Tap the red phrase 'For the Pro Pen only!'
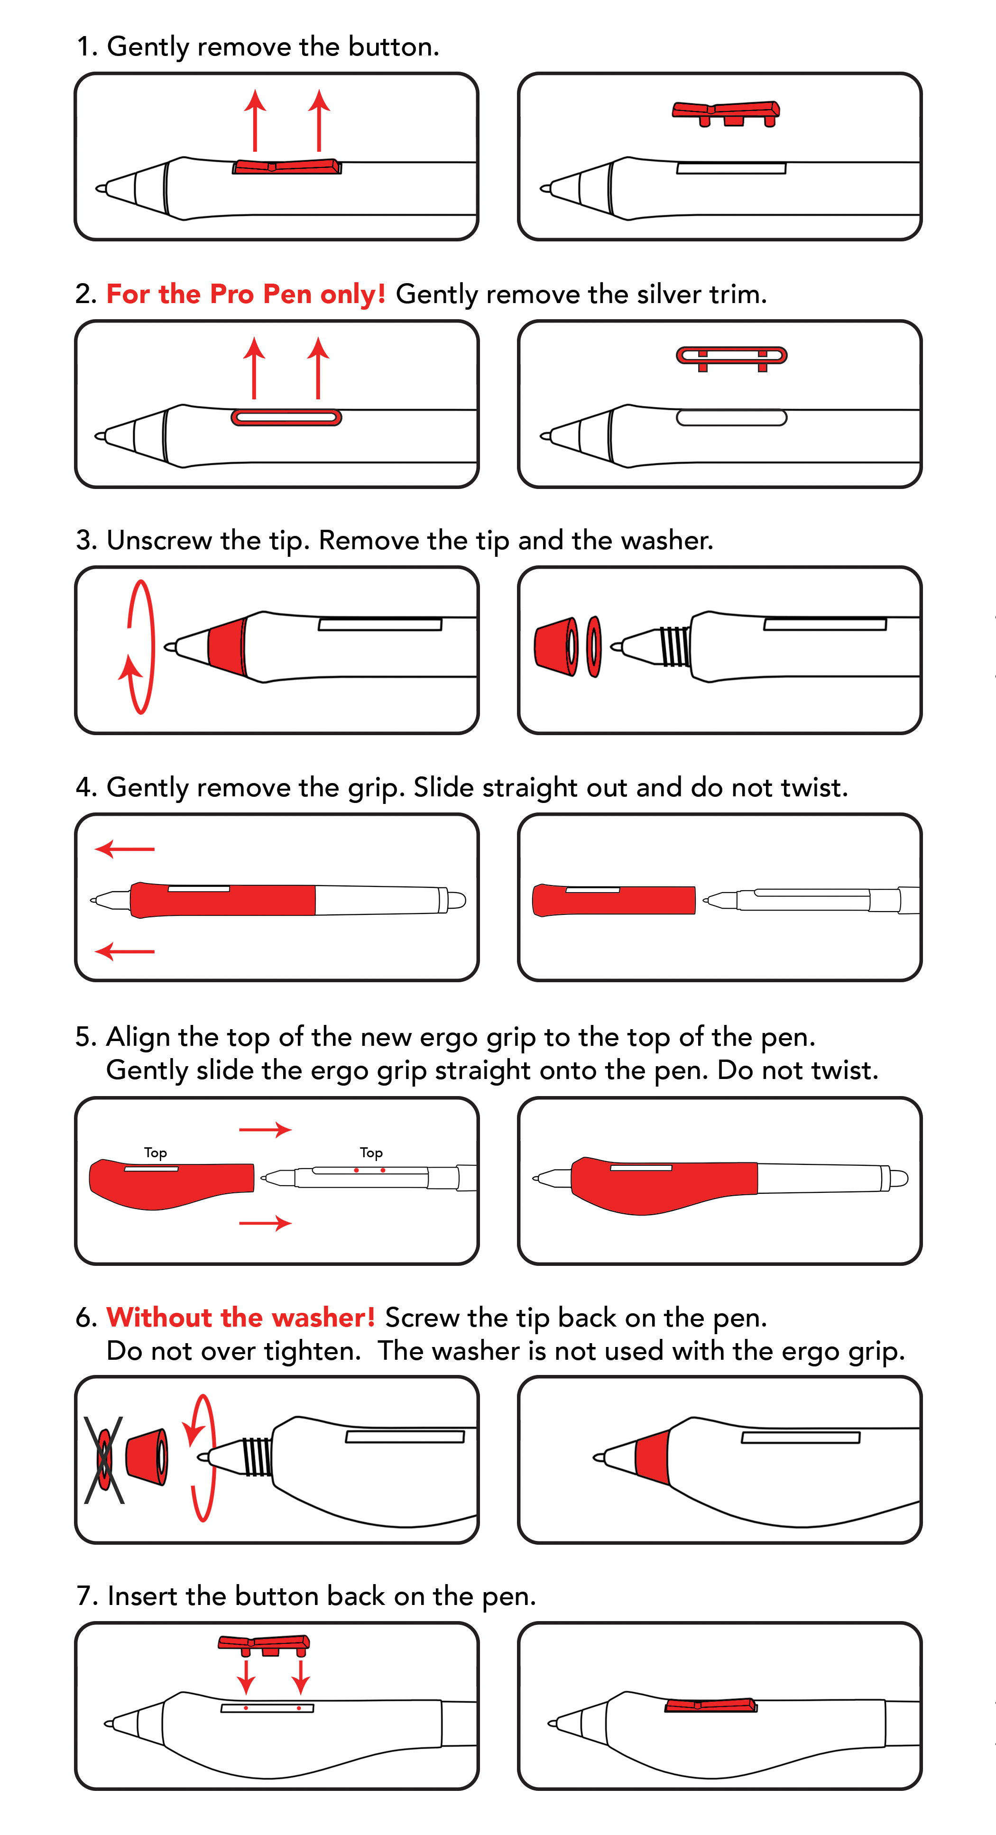point(246,294)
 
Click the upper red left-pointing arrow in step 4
point(125,849)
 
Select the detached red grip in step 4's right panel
point(613,900)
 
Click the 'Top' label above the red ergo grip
point(155,1152)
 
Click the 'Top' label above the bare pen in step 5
point(371,1152)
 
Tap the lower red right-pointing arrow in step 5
point(265,1223)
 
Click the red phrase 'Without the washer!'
point(241,1317)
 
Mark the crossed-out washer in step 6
point(104,1459)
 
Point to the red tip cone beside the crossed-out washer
point(147,1457)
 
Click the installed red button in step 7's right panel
point(710,1705)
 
